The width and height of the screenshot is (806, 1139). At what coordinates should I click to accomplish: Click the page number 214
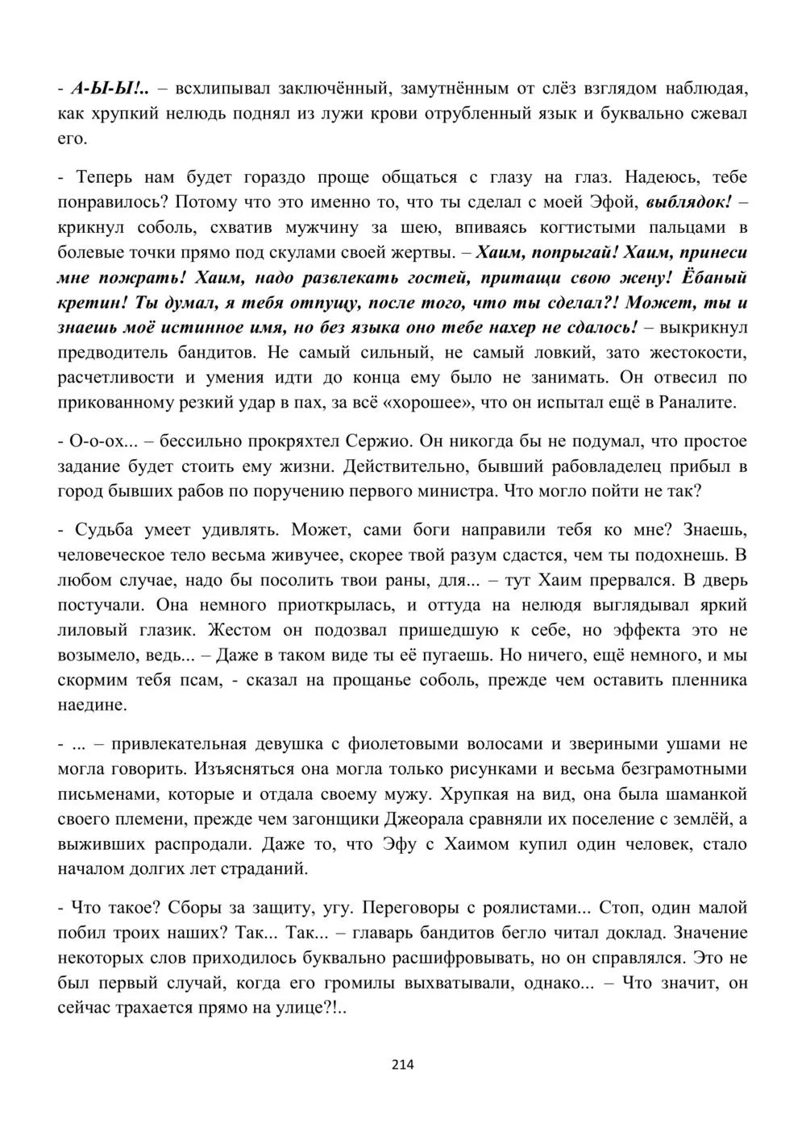402,1064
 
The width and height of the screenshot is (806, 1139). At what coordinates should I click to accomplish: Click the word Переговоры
410,907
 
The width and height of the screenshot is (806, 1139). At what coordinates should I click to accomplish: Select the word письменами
106,794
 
